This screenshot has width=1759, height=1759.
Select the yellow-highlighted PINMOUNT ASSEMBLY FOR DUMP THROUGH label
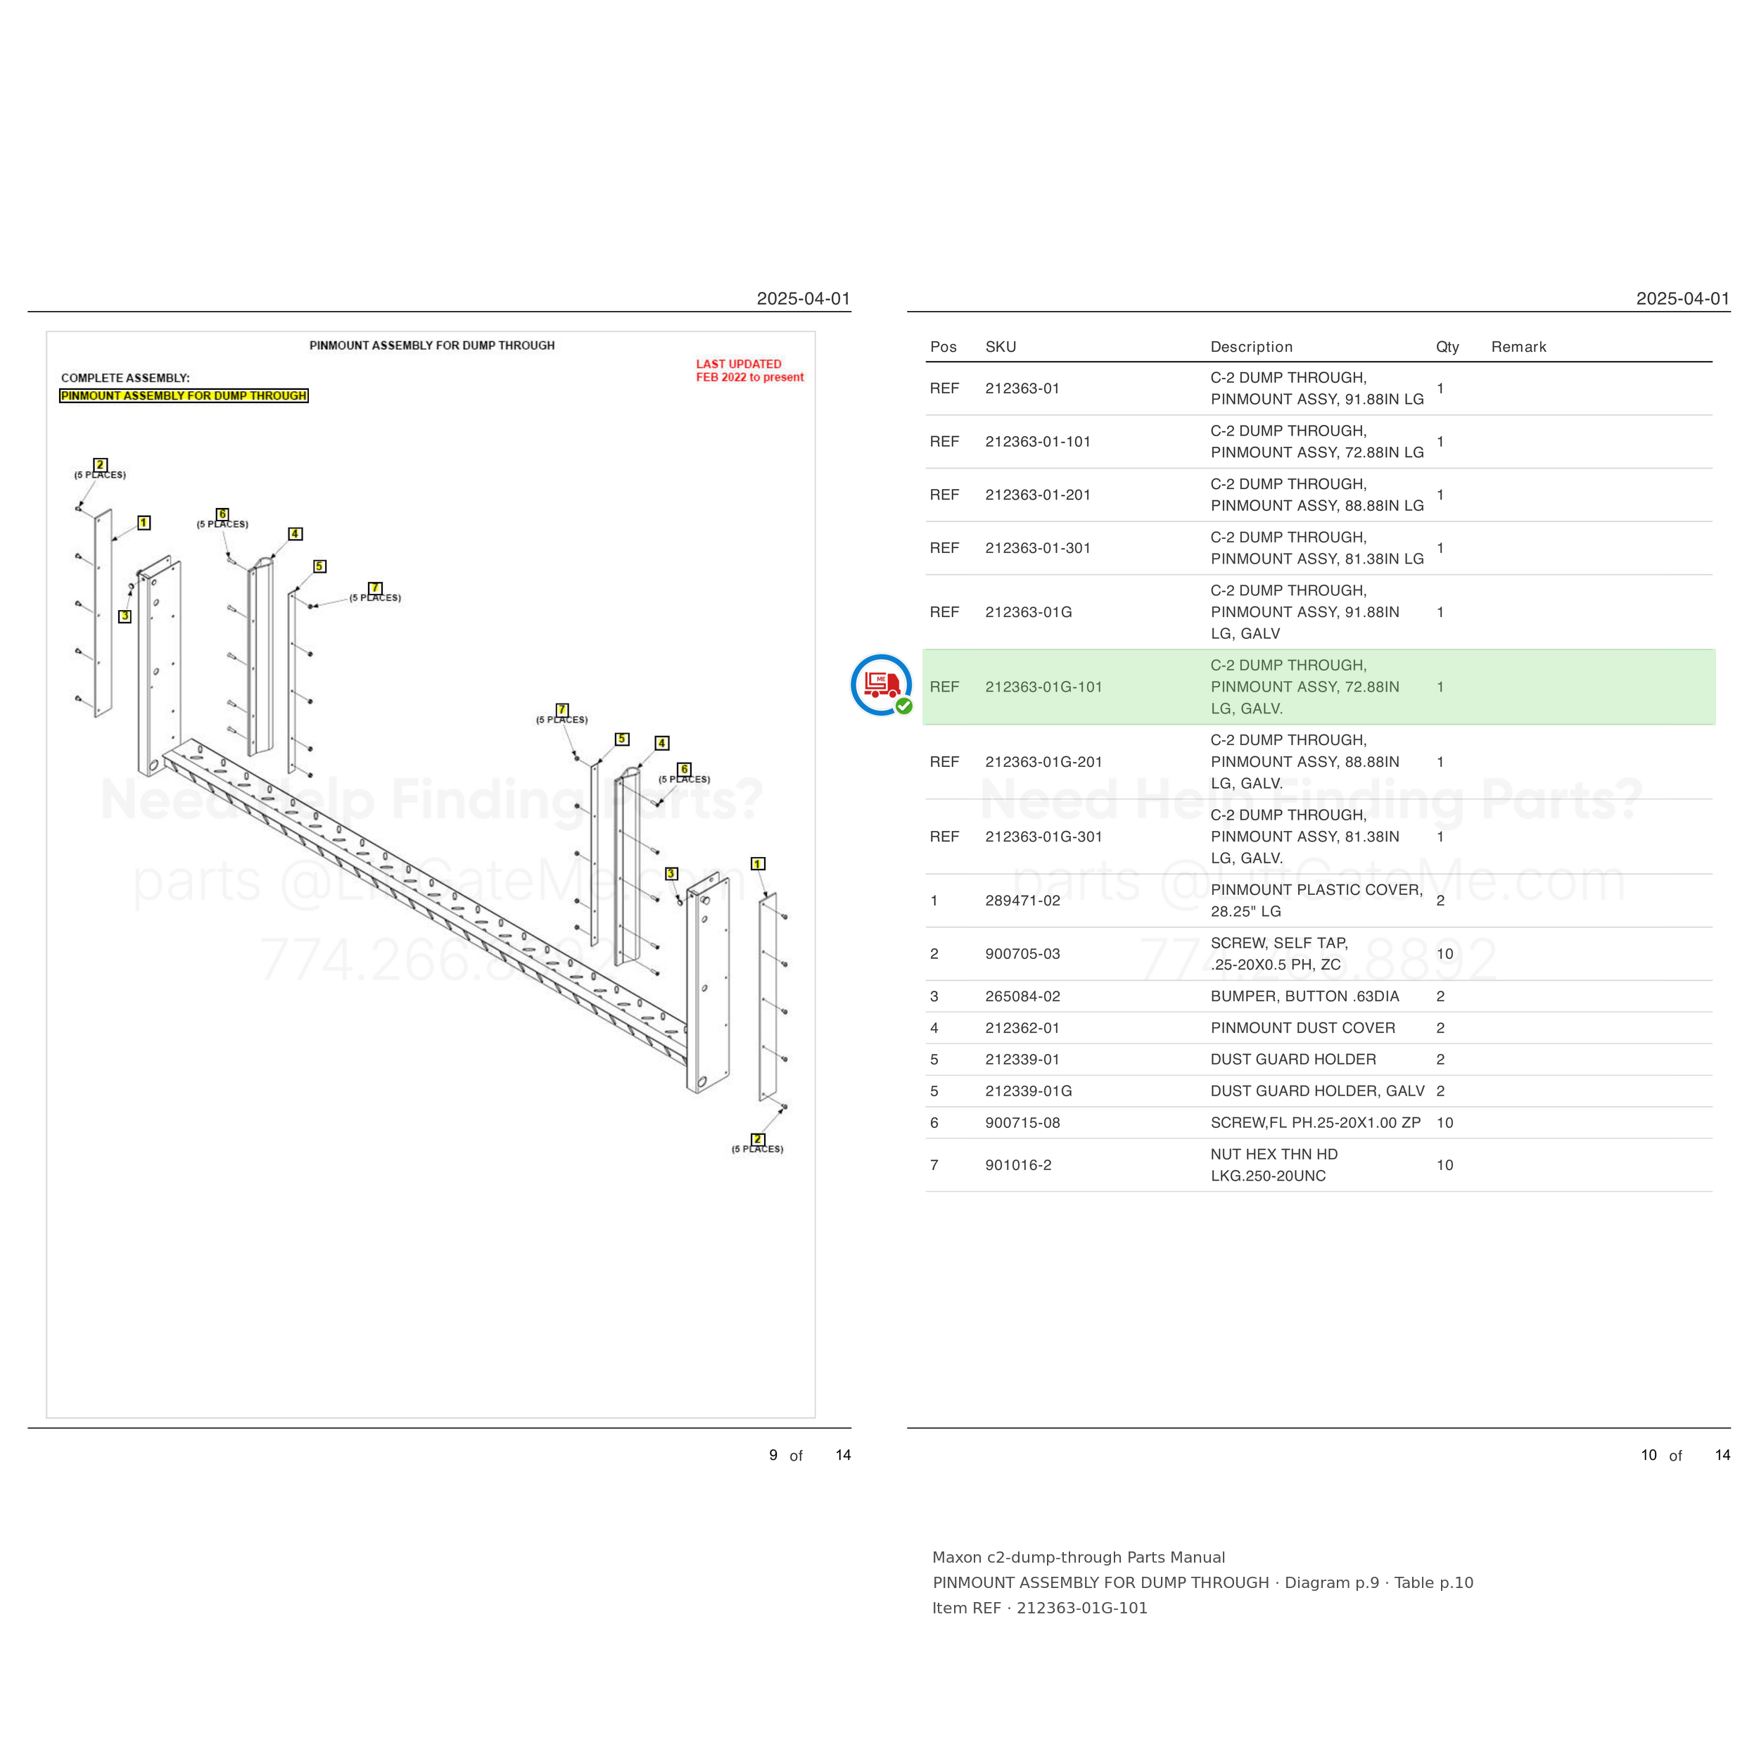click(x=184, y=396)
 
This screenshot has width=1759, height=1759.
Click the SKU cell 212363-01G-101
click(x=1043, y=687)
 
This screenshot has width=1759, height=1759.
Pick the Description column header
click(x=1251, y=347)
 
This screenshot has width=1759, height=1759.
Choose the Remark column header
click(x=1518, y=347)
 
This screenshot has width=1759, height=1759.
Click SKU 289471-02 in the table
click(x=1022, y=901)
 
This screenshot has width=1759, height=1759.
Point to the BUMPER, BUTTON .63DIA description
click(x=1304, y=996)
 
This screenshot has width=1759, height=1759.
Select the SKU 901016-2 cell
click(x=1018, y=1165)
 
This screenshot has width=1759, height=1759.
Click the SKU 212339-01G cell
click(x=1029, y=1091)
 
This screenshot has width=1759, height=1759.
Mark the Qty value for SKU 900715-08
click(x=1445, y=1122)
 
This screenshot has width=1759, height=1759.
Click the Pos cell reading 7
click(x=934, y=1165)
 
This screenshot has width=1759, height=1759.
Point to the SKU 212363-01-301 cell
click(x=1038, y=548)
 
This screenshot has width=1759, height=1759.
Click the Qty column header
click(x=1447, y=347)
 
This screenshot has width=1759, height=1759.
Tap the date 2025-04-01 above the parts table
click(x=1682, y=298)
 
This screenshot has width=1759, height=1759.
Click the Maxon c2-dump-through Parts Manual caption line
click(x=1079, y=1558)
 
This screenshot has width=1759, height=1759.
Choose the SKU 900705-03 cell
click(x=1022, y=954)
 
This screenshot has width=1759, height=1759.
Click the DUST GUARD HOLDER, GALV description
click(x=1317, y=1091)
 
